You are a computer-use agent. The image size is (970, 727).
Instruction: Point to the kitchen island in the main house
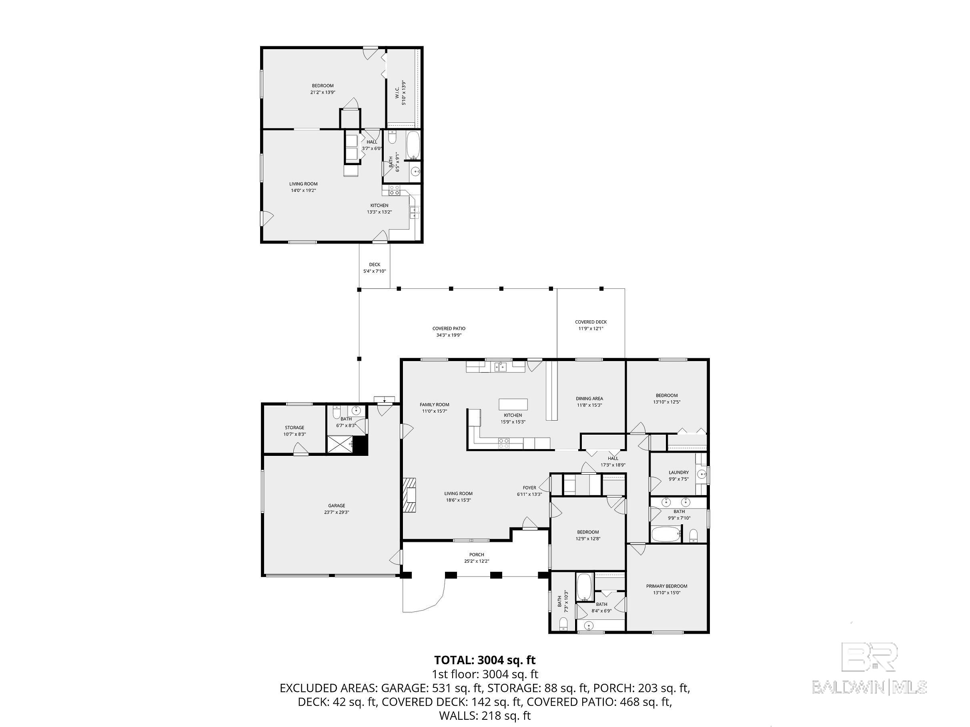click(513, 404)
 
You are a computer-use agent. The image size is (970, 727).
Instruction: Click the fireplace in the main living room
click(410, 494)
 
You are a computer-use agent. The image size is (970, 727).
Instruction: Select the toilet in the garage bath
click(337, 413)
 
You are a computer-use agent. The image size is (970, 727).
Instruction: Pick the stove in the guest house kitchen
click(393, 190)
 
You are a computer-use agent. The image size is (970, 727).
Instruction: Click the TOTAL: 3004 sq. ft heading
click(485, 660)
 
